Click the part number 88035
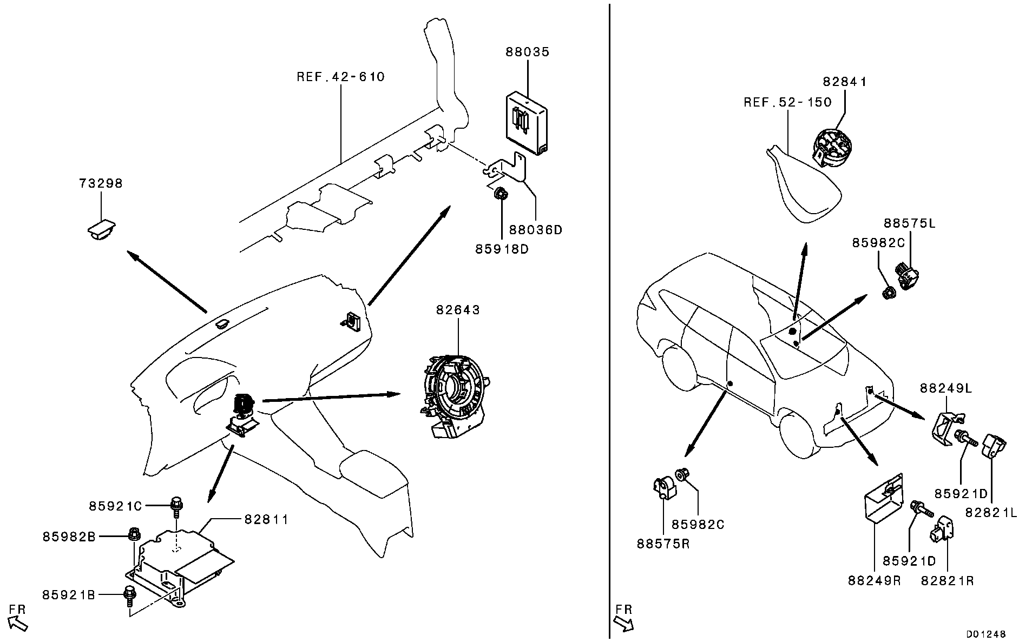(528, 52)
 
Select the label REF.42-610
(341, 77)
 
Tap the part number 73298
(101, 183)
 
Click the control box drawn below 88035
(528, 123)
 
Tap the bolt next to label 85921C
(176, 506)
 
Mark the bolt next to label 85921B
(130, 593)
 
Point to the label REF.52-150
(787, 102)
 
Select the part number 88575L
(909, 223)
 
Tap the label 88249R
(875, 581)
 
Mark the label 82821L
(991, 512)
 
